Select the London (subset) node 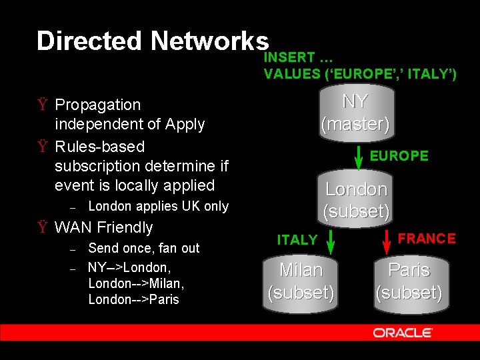pos(356,200)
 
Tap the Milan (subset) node pos(301,281)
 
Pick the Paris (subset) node pos(409,281)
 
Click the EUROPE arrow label pos(399,156)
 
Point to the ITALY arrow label pos(297,240)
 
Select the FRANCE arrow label pos(427,238)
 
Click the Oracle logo pos(403,332)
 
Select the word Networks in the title pos(209,41)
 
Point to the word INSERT pos(289,57)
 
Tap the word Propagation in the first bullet pos(98,105)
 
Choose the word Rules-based pos(99,146)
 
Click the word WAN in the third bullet pos(72,227)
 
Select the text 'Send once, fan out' pos(144,248)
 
